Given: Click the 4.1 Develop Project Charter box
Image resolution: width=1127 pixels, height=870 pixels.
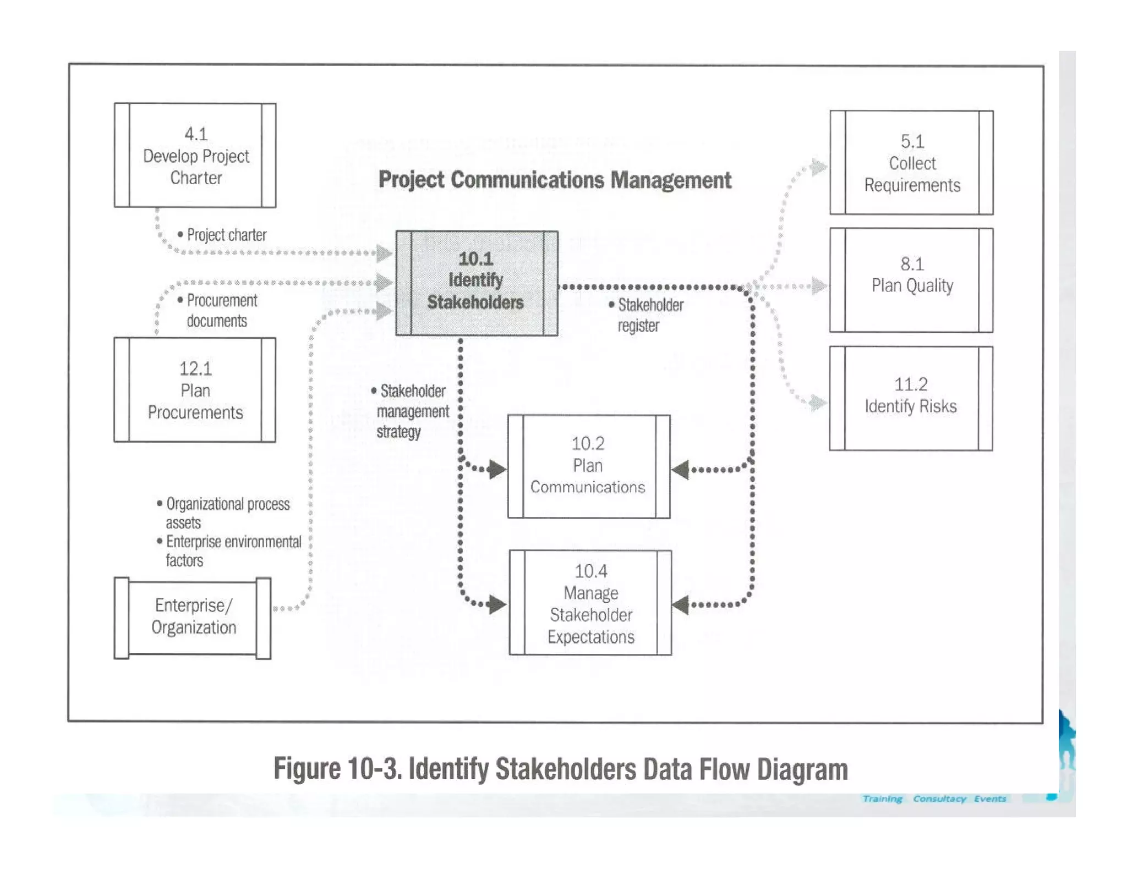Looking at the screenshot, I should pos(195,155).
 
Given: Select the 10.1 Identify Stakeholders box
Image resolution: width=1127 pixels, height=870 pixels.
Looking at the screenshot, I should pos(477,283).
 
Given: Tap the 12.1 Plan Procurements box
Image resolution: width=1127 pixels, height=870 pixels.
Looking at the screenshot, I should pos(195,390).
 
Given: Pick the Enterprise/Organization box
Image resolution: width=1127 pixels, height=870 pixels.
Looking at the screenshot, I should pos(193,617).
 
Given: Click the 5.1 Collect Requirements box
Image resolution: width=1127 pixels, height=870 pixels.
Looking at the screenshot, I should pos(911,163).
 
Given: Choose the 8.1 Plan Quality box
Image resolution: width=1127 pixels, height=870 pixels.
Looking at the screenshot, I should pos(911,280).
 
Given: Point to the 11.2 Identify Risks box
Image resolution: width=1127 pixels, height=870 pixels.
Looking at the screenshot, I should pos(911,398).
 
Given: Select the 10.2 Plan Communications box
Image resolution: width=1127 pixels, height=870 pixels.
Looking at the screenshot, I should pos(588,466).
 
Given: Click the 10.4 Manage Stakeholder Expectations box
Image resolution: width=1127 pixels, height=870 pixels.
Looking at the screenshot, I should pos(590,603).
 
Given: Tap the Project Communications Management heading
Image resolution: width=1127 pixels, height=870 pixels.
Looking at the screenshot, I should pos(555,180).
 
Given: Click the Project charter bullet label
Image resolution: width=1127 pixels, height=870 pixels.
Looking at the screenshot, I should pos(226,235).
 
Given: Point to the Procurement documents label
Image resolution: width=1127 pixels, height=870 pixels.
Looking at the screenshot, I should pos(220,311).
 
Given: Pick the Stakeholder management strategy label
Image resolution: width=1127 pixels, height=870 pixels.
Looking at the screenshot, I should pos(411,411).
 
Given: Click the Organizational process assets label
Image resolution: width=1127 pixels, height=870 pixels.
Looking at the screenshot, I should pos(226,513).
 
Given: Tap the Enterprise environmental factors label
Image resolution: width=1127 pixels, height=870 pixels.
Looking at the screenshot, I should pos(231,550).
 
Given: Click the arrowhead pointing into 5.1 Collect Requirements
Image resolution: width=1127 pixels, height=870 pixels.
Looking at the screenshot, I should pos(820,167).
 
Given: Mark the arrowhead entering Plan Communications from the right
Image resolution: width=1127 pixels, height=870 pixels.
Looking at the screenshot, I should pos(680,470).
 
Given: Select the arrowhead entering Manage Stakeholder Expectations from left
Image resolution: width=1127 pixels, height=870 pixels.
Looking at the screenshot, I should pos(497,604).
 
